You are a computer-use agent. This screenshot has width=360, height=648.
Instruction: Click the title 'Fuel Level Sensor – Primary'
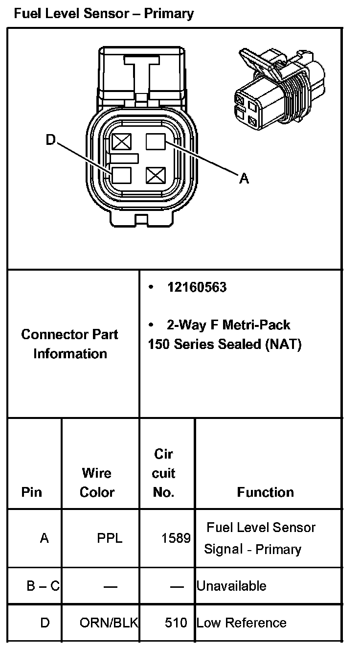coord(104,13)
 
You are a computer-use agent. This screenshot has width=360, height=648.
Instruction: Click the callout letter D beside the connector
coord(51,140)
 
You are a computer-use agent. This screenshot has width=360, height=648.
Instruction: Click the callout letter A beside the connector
coord(244,179)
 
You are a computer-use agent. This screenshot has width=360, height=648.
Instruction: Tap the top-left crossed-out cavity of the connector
coord(120,142)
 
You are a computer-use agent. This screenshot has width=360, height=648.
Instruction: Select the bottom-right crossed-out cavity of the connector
coord(156,175)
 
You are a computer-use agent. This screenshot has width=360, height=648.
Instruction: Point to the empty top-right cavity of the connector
coord(156,142)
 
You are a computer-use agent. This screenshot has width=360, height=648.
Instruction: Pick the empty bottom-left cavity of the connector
coord(121,175)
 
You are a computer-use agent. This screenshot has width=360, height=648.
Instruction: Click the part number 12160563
coord(197,287)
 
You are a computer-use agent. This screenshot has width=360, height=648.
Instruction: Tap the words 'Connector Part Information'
coord(70,344)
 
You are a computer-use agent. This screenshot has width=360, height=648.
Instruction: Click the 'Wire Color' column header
coord(97,483)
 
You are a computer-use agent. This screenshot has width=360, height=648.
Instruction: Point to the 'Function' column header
coord(266,492)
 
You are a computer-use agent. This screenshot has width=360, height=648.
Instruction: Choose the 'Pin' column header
coord(32,492)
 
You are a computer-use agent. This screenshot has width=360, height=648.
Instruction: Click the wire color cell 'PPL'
coord(110,539)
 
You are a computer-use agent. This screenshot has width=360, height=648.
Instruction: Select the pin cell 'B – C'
coord(43,586)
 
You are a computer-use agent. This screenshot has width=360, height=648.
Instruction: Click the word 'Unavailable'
coord(231,586)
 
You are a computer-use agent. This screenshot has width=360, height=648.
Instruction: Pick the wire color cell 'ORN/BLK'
coord(109,623)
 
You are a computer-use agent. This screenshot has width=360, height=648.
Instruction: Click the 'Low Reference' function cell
coord(241,623)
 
